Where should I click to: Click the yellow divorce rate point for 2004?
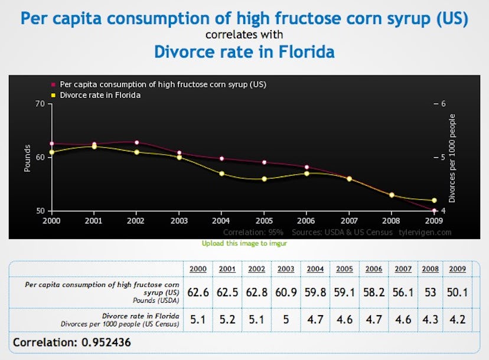tap(221, 174)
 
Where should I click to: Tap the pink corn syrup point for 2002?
tap(136, 142)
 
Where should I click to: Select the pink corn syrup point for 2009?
tap(434, 211)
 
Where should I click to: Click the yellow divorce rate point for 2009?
tap(434, 201)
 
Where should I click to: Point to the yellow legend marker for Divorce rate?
tap(53, 95)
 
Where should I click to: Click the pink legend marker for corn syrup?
tap(53, 84)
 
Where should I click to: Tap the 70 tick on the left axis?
tap(40, 104)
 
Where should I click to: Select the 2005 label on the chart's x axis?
tap(264, 221)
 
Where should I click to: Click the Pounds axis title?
tap(27, 158)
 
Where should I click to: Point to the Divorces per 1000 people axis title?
tap(452, 158)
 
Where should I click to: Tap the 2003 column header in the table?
tap(285, 269)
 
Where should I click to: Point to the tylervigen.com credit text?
tap(426, 232)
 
